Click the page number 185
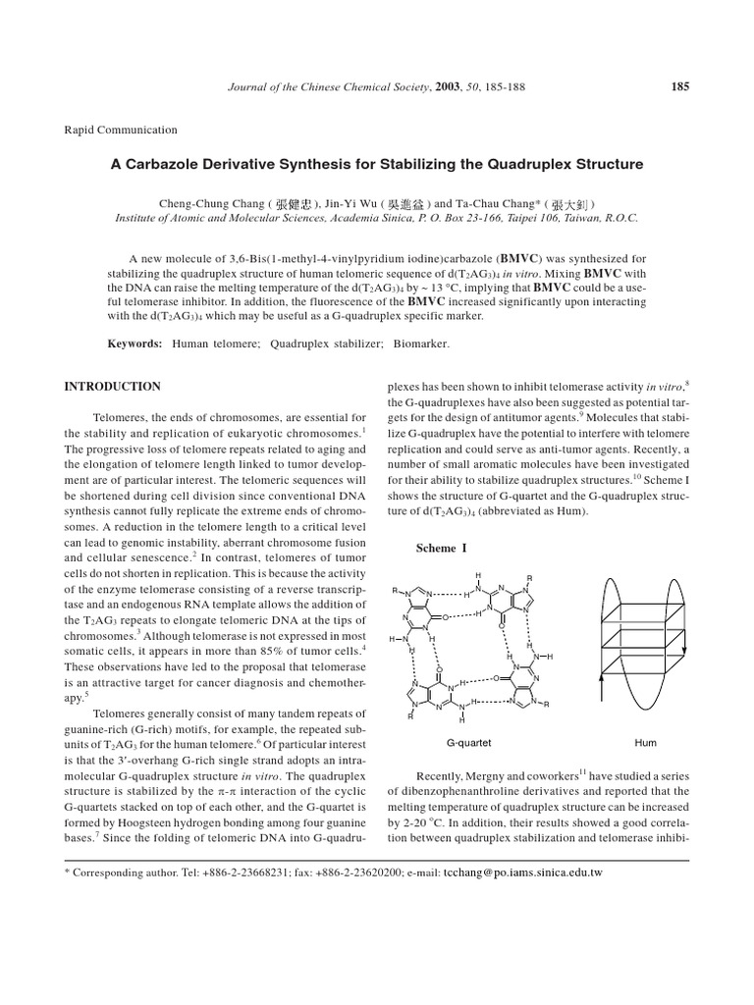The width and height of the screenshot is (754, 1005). point(679,86)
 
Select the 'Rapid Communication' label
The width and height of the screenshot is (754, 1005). point(121,130)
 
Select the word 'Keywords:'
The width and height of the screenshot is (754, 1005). point(135,344)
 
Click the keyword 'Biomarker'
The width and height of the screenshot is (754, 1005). point(420,344)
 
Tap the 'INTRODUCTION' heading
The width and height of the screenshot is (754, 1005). point(112,387)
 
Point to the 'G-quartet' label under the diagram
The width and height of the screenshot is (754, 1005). point(468,745)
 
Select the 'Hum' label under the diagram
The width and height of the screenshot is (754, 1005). point(645,745)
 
